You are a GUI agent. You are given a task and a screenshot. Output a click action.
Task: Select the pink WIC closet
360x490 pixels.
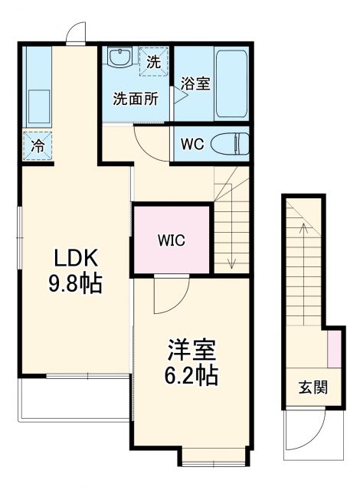click(172, 240)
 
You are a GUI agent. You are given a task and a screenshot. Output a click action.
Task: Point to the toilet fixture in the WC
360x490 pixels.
click(230, 144)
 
